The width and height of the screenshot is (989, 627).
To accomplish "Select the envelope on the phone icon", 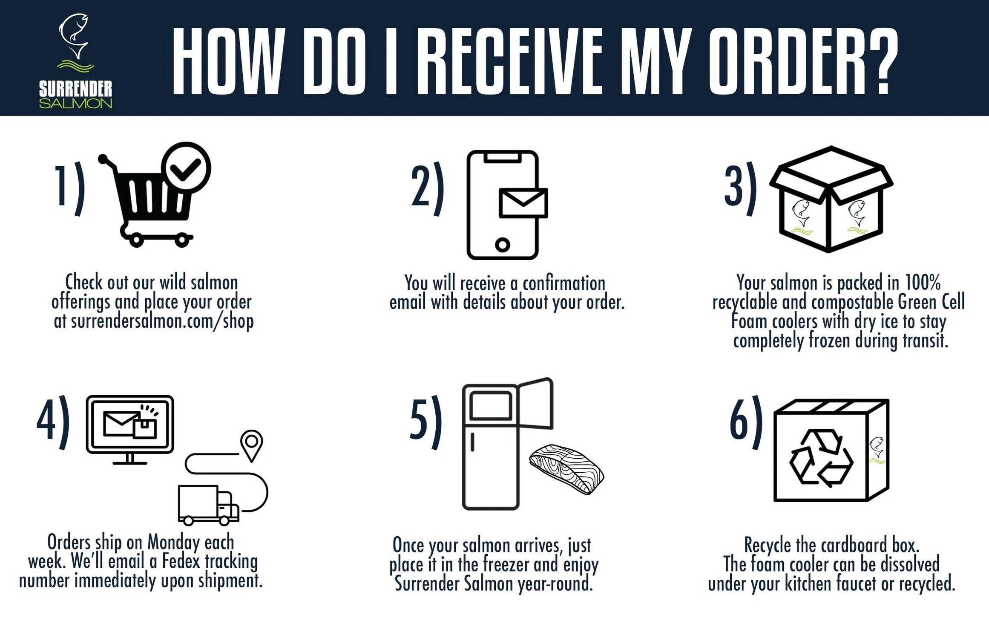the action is tap(523, 203).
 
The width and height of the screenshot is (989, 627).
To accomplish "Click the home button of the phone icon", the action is tap(502, 245).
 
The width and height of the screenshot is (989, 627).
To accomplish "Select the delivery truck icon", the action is tap(208, 505).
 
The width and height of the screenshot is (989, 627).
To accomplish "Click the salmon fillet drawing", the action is tap(566, 469).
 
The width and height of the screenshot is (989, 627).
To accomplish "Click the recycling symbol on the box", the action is tap(821, 458).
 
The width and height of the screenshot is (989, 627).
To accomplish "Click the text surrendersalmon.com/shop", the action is tap(162, 321).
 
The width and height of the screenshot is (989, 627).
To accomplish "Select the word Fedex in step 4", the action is tap(181, 561).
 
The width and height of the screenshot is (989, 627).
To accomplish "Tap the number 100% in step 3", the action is tap(923, 283).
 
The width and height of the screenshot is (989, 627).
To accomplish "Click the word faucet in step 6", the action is tap(856, 584).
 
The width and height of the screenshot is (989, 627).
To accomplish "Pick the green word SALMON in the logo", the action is tap(75, 103).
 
